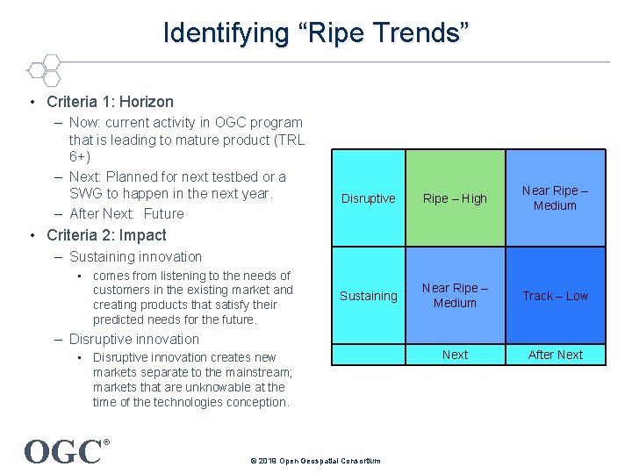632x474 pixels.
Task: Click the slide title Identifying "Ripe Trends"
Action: pyautogui.click(x=316, y=33)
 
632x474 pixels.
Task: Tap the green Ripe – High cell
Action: pyautogui.click(x=455, y=198)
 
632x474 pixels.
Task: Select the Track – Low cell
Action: pyautogui.click(x=555, y=296)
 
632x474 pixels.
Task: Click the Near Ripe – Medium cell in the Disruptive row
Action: pyautogui.click(x=555, y=198)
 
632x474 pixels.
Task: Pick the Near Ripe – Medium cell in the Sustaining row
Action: pyautogui.click(x=455, y=296)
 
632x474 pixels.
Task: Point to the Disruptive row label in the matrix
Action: pyautogui.click(x=368, y=198)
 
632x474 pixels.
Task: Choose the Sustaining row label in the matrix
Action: pyautogui.click(x=368, y=296)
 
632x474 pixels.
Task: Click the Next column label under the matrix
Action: pyautogui.click(x=455, y=355)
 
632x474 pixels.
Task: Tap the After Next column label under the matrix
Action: pyautogui.click(x=555, y=355)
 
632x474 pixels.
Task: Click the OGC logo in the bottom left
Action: pyautogui.click(x=63, y=451)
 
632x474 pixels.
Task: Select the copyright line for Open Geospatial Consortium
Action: pyautogui.click(x=315, y=461)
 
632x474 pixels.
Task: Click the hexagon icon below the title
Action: pyautogui.click(x=43, y=69)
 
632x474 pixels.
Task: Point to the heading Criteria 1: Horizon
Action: pyautogui.click(x=110, y=102)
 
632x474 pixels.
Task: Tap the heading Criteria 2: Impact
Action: pyautogui.click(x=106, y=235)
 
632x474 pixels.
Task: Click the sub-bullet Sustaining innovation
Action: pyautogui.click(x=135, y=257)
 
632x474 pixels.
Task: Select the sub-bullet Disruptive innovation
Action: pyautogui.click(x=134, y=340)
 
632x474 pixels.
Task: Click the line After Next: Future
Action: pyautogui.click(x=126, y=213)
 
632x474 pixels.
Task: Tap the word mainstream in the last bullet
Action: pyautogui.click(x=258, y=372)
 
